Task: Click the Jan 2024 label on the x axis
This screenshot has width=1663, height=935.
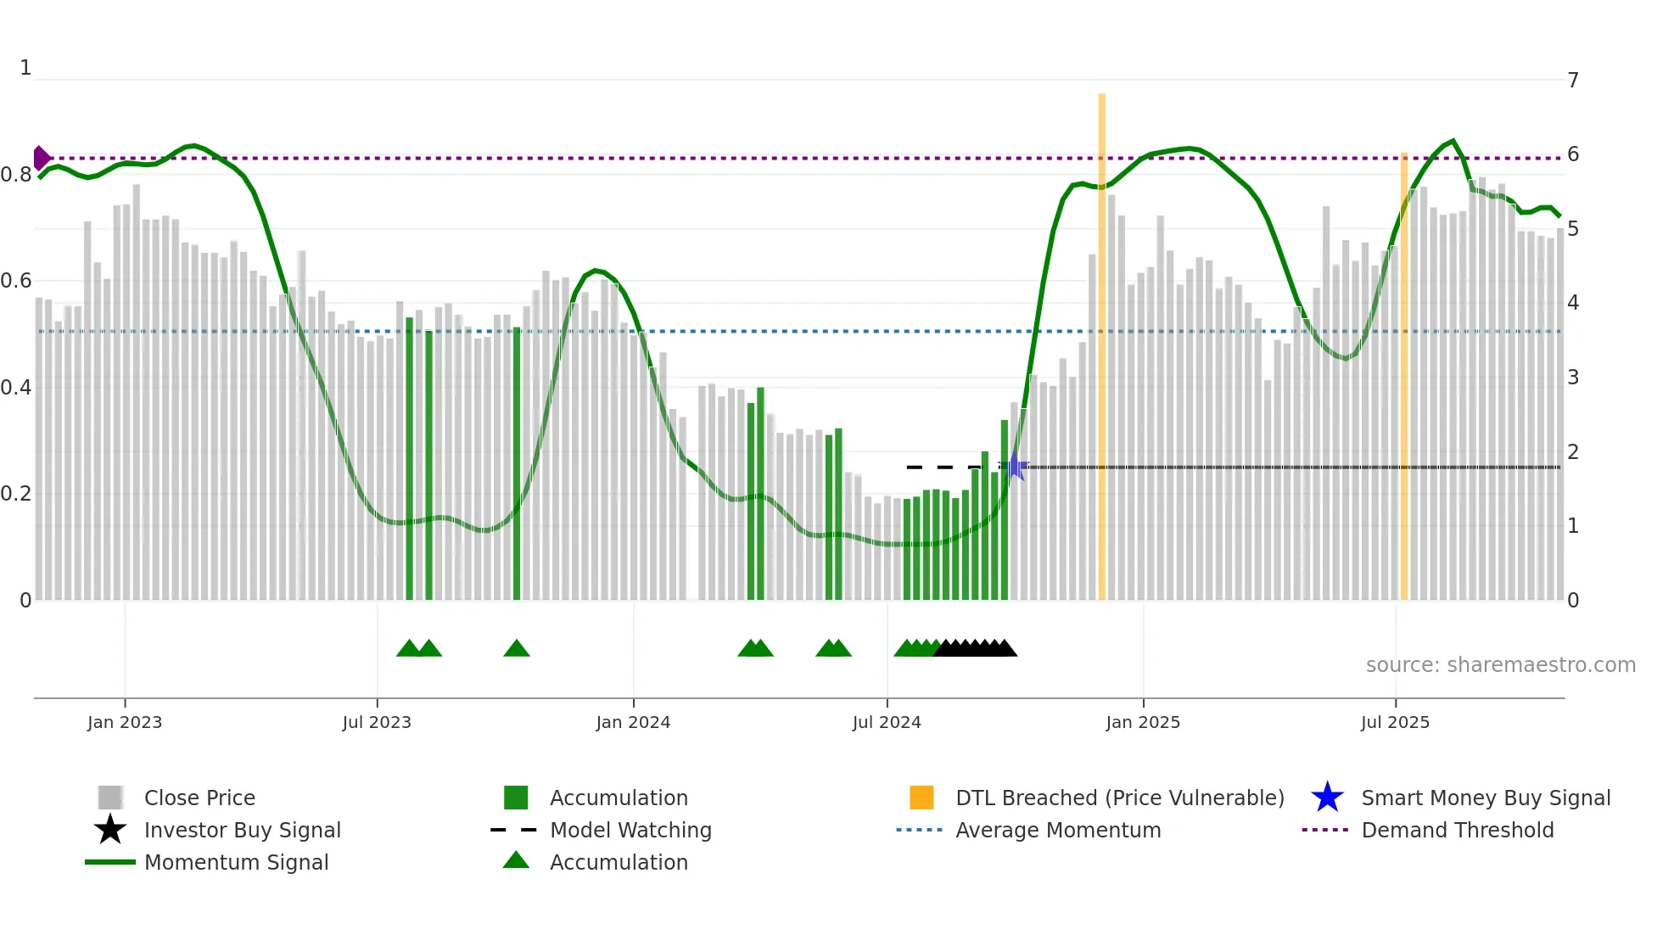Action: tap(633, 722)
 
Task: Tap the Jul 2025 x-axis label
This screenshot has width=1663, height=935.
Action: tap(1395, 722)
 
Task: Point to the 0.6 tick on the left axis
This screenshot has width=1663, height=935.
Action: tap(16, 281)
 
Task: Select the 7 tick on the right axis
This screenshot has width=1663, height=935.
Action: tap(1573, 81)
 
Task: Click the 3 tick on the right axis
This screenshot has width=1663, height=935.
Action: tap(1573, 378)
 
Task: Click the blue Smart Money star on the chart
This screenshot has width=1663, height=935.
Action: tap(1014, 466)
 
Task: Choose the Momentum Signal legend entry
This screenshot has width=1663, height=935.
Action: tap(236, 862)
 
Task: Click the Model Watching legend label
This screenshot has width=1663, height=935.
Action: tap(630, 830)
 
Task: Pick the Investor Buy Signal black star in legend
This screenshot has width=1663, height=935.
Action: tap(110, 830)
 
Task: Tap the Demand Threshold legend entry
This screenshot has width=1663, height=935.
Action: tap(1457, 830)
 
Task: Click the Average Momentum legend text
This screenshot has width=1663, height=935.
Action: tap(1058, 830)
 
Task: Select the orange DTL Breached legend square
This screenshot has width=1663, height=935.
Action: tap(921, 798)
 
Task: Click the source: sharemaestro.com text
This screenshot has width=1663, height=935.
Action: tap(1500, 664)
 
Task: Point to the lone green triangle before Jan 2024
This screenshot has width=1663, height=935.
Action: tap(516, 649)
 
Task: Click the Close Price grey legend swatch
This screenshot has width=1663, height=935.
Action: tap(110, 798)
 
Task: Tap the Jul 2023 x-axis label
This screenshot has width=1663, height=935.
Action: tap(377, 722)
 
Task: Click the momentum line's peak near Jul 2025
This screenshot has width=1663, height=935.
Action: tap(1453, 141)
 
